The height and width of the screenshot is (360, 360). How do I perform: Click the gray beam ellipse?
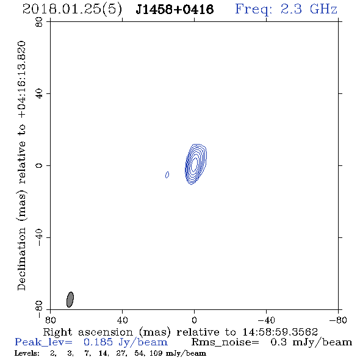(x=70, y=300)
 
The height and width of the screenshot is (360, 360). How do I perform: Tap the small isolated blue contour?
(x=167, y=175)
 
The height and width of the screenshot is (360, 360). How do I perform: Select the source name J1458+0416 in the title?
(x=175, y=9)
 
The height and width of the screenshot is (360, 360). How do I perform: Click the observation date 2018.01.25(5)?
(x=72, y=10)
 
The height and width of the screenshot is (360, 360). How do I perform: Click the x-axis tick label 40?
(x=122, y=320)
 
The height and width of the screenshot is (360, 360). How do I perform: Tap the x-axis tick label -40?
(x=266, y=320)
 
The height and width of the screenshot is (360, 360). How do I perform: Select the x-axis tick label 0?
(x=194, y=320)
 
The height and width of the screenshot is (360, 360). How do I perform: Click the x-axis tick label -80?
(x=338, y=320)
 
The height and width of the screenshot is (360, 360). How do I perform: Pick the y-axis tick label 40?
(x=39, y=94)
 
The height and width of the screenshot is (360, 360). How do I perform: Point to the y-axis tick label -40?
(x=39, y=237)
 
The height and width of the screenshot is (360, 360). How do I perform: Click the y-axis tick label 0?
(x=39, y=165)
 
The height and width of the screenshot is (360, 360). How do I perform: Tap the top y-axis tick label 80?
(x=39, y=22)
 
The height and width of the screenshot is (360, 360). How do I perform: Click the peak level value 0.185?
(x=98, y=342)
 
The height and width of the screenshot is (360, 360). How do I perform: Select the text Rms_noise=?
(x=225, y=342)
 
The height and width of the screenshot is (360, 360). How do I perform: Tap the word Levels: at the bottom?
(x=27, y=353)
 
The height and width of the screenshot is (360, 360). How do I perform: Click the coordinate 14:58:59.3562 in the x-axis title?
(x=280, y=332)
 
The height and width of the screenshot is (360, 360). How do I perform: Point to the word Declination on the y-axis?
(x=21, y=259)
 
